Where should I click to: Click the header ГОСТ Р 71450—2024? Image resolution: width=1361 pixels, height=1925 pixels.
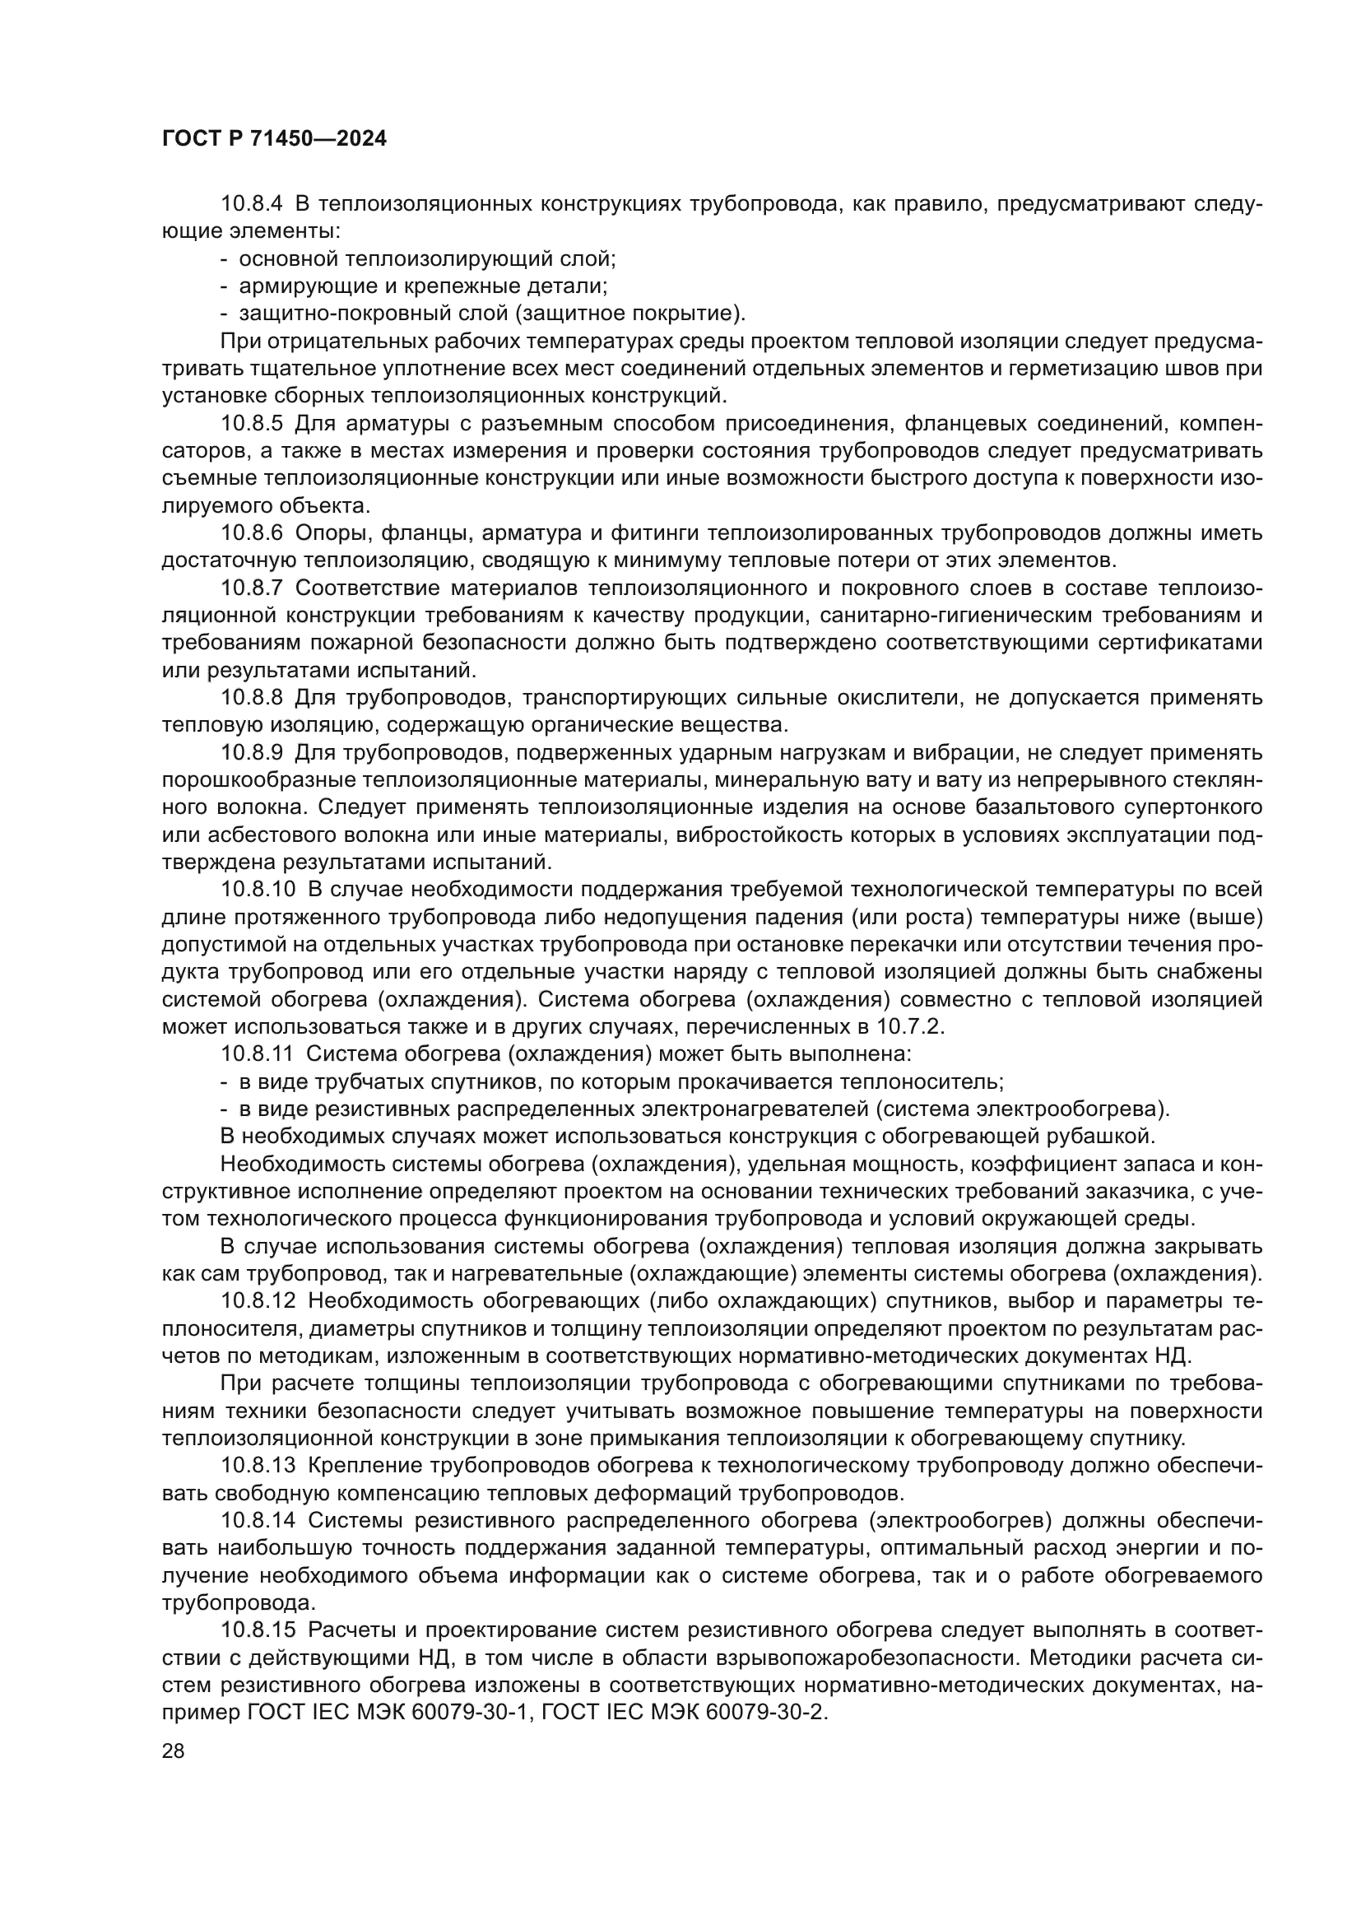click(x=274, y=139)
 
